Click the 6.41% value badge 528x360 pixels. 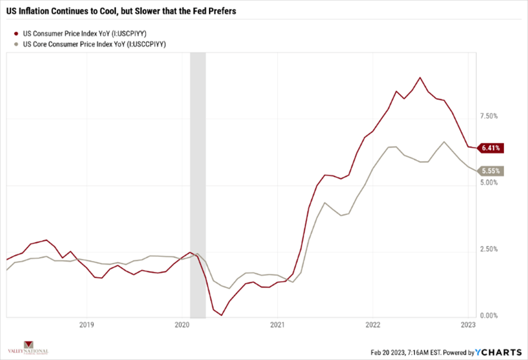tap(492, 148)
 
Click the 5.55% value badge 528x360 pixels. tap(492, 171)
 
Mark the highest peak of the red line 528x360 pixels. tap(420, 77)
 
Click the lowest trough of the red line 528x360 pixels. tap(221, 315)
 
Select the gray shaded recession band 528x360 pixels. tap(197, 184)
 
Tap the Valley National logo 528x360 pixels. tap(28, 347)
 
